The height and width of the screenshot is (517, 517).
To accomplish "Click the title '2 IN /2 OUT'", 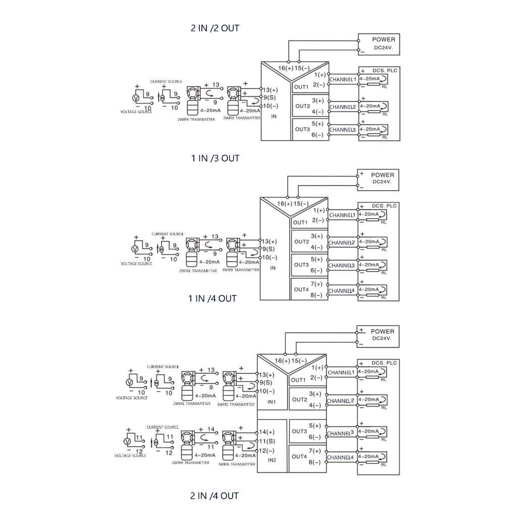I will click(215, 28).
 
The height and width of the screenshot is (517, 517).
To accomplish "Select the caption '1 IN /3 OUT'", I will click(215, 159).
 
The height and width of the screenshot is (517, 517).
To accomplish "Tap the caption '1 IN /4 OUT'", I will click(213, 298).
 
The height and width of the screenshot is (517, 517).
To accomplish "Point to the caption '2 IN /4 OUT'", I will click(214, 496).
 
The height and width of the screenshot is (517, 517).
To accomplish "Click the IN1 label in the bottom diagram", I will click(272, 402).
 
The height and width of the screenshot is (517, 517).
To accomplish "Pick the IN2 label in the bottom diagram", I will click(272, 460).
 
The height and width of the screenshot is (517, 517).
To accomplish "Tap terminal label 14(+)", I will click(267, 432).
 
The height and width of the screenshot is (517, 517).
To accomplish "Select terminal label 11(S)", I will click(267, 441).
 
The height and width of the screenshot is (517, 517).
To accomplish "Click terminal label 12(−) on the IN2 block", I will click(267, 450).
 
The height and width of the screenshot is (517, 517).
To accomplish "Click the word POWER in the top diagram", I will click(383, 39).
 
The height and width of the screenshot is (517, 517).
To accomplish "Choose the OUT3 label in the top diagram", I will click(302, 129).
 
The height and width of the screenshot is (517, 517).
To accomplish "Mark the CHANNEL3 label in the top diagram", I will click(343, 130).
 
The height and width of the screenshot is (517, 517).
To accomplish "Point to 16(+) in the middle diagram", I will click(285, 204).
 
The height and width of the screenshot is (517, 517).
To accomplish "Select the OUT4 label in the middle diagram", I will click(301, 290).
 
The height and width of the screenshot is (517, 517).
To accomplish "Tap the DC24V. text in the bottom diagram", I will click(382, 339).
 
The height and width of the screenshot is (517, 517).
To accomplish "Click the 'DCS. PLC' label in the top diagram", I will click(384, 71).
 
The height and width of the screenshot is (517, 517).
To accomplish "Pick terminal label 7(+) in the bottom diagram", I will click(315, 451).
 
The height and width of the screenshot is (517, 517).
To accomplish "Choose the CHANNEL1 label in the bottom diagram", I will click(341, 373).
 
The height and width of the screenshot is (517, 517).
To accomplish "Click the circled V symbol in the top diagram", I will click(135, 98).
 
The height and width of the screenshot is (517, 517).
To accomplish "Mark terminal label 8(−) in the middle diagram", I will click(316, 295).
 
